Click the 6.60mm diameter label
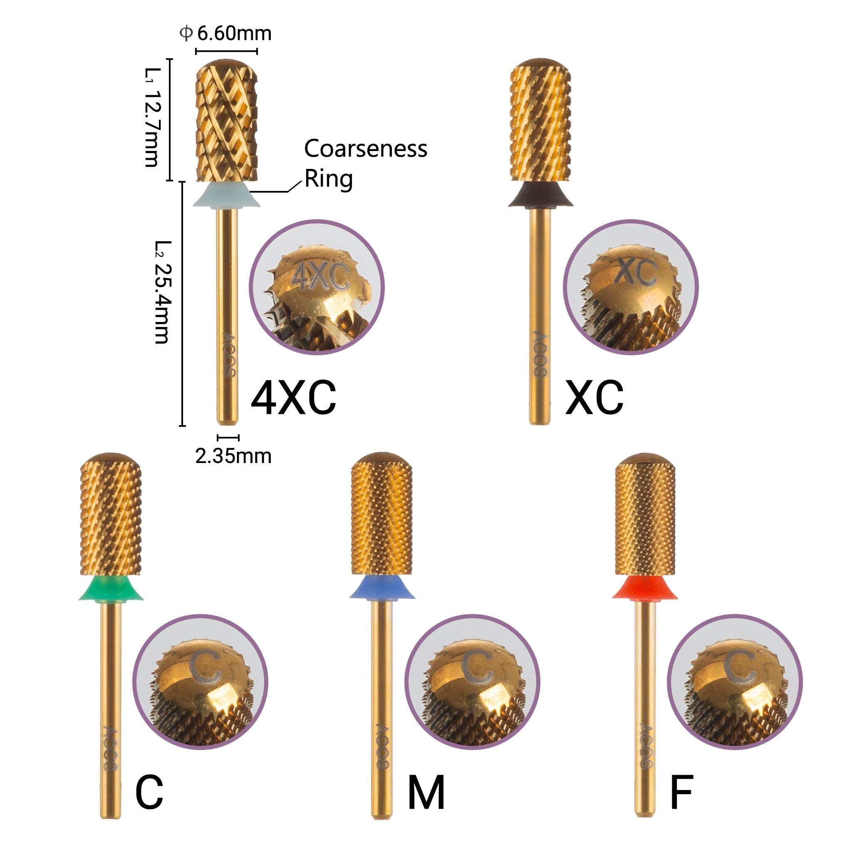[x=226, y=34]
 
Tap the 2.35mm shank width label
[x=233, y=456]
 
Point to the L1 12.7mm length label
[x=153, y=117]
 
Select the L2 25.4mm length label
[x=162, y=292]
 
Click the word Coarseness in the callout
[x=366, y=149]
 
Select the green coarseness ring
[x=111, y=589]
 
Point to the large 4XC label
[x=293, y=398]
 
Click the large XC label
[x=594, y=398]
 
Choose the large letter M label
[x=426, y=793]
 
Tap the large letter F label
[x=681, y=793]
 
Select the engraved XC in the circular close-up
[x=636, y=270]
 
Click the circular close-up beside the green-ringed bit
[x=200, y=682]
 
